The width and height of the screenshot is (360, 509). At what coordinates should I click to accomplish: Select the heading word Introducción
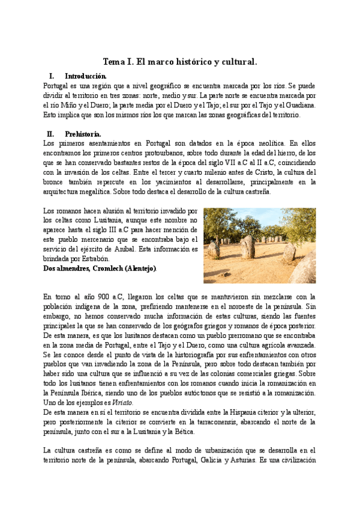point(86,76)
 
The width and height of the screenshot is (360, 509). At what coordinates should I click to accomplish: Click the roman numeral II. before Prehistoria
point(50,134)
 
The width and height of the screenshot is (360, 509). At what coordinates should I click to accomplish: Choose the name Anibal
point(122,249)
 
